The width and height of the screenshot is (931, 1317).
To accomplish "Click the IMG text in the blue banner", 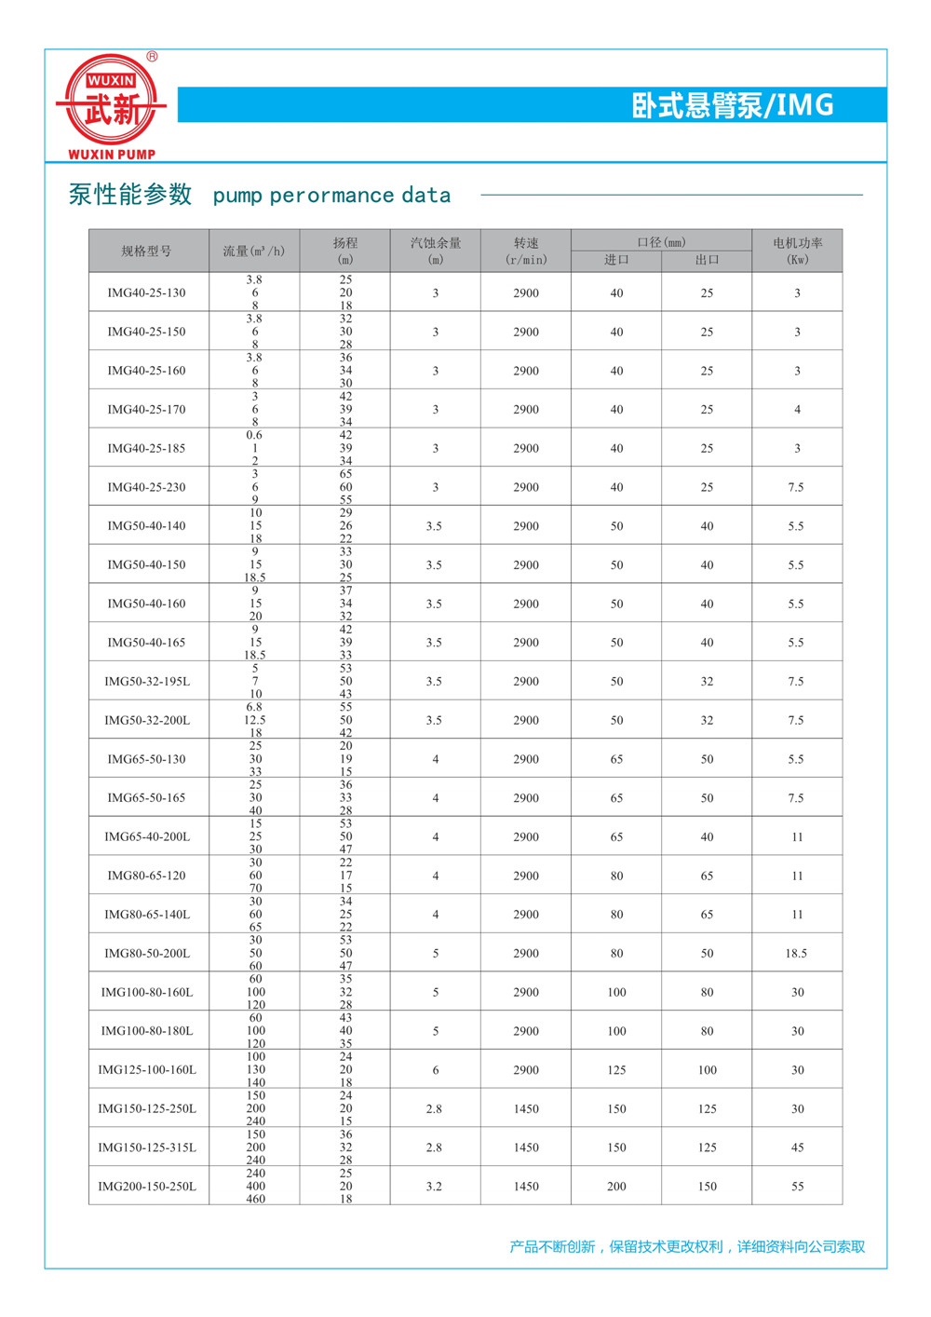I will point(805,105).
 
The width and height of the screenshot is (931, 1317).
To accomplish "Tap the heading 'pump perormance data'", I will point(331,196).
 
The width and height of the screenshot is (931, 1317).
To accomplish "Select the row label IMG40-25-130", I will point(146,292).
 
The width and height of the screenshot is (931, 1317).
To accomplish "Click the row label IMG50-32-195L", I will point(147,681).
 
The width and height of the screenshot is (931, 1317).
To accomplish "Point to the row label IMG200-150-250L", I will point(147,1186).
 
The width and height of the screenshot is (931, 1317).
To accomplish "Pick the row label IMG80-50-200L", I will point(147,953).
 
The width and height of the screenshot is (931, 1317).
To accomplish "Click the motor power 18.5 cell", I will point(796,953).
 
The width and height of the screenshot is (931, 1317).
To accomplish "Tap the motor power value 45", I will point(797,1147).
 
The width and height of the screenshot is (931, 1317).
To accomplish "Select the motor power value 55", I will point(797,1186).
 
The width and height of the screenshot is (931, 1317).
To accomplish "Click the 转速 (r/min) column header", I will point(526,251).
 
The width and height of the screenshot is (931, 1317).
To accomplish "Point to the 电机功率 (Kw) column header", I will point(797,251).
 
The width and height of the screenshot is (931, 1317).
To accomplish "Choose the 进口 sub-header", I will point(616,260).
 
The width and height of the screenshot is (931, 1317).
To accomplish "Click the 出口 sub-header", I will point(707,260).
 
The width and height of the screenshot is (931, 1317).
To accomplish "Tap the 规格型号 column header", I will point(146,251).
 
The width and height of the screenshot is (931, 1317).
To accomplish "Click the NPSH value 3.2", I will point(434,1186).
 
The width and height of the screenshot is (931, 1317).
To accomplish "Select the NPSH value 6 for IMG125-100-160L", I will point(435,1069).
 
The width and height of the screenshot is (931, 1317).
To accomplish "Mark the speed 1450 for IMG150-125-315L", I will point(526,1147).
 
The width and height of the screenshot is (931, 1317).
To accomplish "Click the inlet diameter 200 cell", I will point(616,1186).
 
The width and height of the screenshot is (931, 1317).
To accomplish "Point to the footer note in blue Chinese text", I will point(687,1246).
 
